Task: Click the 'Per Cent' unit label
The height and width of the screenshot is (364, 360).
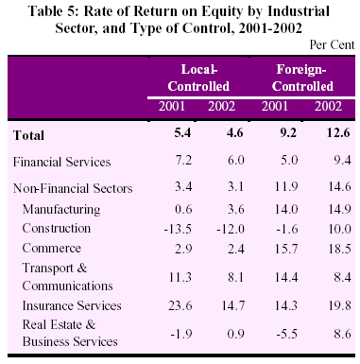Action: pos(332,44)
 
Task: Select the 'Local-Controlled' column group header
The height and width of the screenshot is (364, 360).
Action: pos(198,78)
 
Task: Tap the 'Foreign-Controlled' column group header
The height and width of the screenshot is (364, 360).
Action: pos(302,78)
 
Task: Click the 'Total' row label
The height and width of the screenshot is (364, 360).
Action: pos(28,135)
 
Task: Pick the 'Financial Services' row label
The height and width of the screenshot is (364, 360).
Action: pos(61,162)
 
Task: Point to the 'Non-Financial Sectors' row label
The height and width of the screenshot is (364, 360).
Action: pos(73,188)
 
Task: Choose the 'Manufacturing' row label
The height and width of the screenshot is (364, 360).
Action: pos(61,210)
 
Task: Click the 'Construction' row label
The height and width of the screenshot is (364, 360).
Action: pos(57,228)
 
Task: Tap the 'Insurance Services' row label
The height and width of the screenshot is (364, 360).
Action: pos(72,305)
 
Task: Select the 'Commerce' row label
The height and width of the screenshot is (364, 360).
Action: pos(52,248)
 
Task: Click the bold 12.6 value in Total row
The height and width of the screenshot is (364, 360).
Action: pos(338,132)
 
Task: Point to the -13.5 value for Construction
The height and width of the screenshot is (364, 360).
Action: pos(178,229)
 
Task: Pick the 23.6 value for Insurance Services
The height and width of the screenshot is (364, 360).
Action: pos(180,305)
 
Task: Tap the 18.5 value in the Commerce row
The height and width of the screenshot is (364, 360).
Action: pos(339,249)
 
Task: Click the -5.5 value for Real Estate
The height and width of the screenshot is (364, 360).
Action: pos(286,334)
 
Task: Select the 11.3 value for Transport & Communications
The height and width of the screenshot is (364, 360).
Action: pos(180,277)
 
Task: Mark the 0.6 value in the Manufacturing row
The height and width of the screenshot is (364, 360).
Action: pos(183,209)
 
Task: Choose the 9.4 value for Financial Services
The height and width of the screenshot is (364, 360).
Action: pos(342,161)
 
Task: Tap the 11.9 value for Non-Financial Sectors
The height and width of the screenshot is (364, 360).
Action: pos(286,187)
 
